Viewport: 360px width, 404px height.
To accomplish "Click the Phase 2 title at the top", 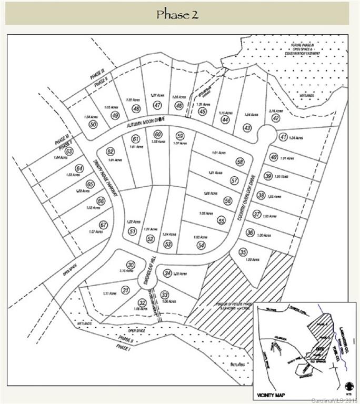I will [177, 14].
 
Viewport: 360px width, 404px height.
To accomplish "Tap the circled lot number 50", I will [93, 124].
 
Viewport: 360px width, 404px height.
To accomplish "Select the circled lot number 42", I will [275, 118].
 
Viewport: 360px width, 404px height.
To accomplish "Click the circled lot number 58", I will [241, 162].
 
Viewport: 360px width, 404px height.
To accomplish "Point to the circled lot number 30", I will [131, 265].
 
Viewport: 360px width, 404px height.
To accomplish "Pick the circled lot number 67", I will [104, 225].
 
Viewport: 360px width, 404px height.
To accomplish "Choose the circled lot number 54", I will [201, 245].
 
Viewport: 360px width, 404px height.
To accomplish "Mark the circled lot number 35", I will [243, 252].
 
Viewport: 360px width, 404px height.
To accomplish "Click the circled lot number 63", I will [69, 151].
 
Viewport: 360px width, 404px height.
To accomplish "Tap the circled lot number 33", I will [165, 295].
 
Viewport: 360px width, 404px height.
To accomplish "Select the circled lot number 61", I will [135, 139].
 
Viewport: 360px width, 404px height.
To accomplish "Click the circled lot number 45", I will [203, 111].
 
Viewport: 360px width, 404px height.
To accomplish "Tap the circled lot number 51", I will [133, 231].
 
